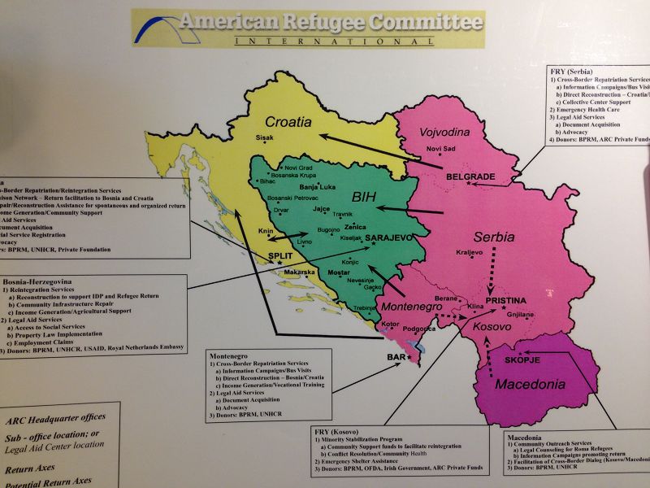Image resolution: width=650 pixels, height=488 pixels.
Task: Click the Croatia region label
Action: (x=283, y=122)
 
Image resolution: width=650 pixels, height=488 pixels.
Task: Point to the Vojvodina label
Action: (x=445, y=133)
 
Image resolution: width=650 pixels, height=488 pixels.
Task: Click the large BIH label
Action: (x=366, y=196)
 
